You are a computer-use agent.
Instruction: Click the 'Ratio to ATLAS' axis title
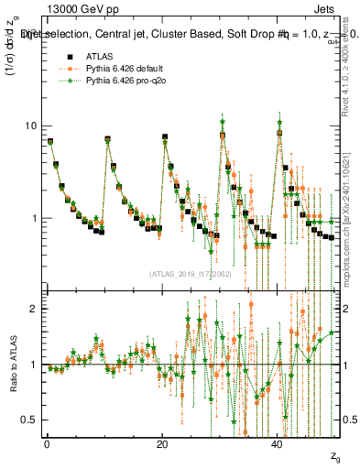[x=12, y=364]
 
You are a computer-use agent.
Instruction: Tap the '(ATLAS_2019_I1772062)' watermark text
[x=191, y=274]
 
